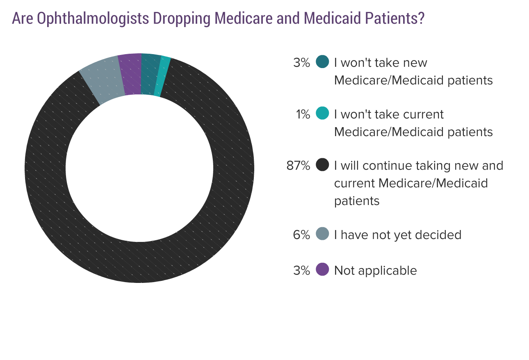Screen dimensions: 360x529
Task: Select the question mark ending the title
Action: point(421,19)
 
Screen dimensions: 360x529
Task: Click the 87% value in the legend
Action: point(298,166)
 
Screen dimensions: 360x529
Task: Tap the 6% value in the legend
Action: point(301,235)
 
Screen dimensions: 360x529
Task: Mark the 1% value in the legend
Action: point(303,114)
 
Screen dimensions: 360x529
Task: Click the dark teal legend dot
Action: point(323,62)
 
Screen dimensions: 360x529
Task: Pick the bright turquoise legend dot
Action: point(323,114)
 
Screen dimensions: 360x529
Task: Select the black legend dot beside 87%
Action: point(323,165)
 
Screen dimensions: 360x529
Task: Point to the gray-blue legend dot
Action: point(323,234)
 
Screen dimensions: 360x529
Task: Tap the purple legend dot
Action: point(323,270)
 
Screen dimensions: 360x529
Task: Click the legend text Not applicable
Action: point(375,271)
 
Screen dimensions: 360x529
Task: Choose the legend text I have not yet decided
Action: point(397,235)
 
